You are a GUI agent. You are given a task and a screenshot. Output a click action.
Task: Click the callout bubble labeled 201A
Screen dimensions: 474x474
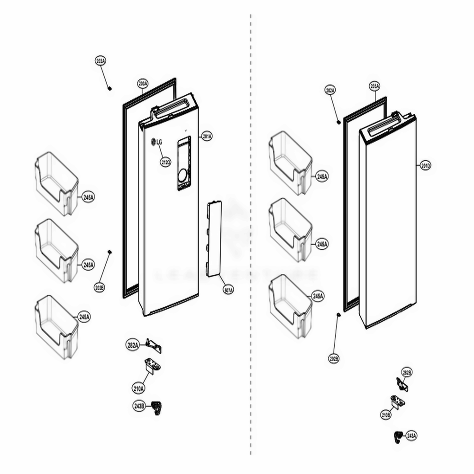tap(207, 136)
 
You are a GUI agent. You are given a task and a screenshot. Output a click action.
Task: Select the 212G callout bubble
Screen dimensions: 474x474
tap(165, 163)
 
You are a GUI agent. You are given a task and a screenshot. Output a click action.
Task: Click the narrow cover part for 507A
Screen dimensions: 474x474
tap(214, 238)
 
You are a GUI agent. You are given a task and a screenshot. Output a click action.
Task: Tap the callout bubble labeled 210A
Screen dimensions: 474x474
tap(139, 388)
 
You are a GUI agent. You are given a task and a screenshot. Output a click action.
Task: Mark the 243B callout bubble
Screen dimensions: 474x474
tap(139, 406)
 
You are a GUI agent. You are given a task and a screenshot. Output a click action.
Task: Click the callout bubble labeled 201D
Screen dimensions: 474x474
tap(425, 165)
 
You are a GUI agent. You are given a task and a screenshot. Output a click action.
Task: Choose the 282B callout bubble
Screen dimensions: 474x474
tap(407, 373)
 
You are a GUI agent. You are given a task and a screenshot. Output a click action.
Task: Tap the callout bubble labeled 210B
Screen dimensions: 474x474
tap(386, 415)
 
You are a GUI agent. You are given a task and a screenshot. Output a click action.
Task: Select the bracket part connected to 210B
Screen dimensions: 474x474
tap(398, 402)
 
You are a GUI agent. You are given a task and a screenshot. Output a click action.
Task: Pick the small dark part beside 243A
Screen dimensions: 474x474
tap(397, 437)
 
